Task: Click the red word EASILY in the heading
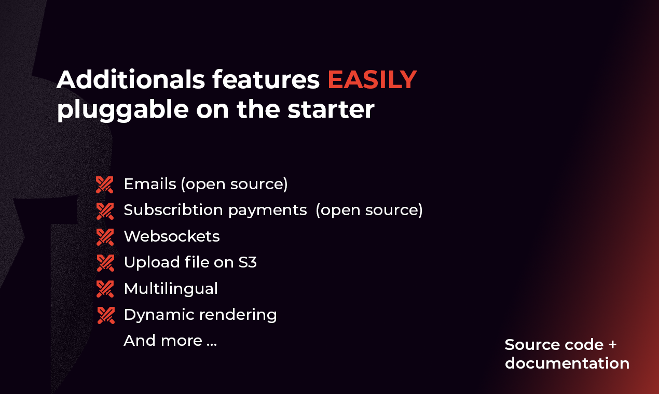(x=372, y=80)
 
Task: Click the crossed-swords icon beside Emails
(x=105, y=185)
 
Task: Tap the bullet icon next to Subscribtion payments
(x=105, y=210)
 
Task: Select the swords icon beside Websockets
(x=105, y=237)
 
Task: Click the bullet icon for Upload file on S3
(x=105, y=263)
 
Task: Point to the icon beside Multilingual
(x=105, y=289)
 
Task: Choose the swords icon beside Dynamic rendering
(x=105, y=315)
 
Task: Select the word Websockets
(x=172, y=236)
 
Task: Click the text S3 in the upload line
(x=248, y=262)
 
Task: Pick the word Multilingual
(x=171, y=288)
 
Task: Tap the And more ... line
(x=170, y=341)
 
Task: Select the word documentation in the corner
(x=567, y=363)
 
